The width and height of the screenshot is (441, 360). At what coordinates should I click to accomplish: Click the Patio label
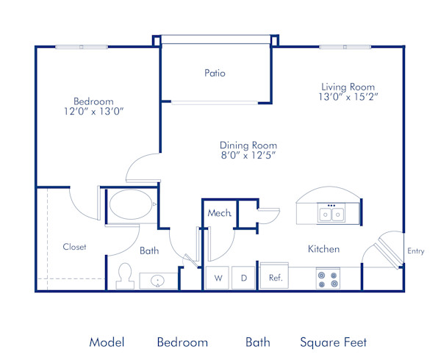(215, 73)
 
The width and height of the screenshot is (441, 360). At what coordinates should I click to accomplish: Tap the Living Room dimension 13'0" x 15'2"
(348, 96)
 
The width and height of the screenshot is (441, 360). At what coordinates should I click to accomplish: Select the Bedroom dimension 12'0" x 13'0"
(93, 112)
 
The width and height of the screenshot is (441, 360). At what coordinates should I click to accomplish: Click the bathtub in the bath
(131, 204)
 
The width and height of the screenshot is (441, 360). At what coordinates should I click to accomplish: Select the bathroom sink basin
(158, 281)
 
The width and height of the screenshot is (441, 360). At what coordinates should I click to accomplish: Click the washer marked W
(218, 278)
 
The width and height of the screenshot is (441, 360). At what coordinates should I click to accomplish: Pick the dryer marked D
(244, 278)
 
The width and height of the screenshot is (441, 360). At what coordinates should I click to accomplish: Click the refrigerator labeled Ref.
(276, 278)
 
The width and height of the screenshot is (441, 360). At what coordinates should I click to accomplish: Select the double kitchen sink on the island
(331, 214)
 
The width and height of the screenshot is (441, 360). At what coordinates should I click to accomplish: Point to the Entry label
(416, 251)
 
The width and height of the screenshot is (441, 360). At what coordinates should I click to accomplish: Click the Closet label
(74, 247)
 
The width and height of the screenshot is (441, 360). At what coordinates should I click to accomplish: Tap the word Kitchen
(323, 249)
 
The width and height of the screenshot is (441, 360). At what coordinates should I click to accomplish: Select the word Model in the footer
(107, 342)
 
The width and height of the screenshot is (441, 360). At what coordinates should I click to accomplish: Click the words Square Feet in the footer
(333, 342)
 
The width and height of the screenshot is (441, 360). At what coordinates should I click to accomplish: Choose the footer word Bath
(258, 342)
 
